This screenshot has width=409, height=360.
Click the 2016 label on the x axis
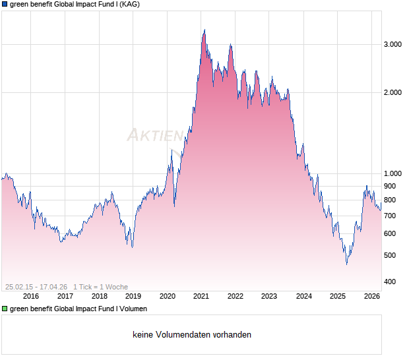click(x=31, y=297)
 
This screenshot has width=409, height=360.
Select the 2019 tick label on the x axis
click(x=133, y=297)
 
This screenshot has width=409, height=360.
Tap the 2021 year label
click(x=201, y=297)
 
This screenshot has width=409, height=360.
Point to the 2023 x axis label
click(x=269, y=297)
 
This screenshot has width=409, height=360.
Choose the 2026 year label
click(x=371, y=297)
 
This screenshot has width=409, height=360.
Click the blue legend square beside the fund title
click(x=5, y=4)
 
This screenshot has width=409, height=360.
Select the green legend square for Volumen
click(x=5, y=309)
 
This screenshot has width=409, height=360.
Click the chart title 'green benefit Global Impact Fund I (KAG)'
click(x=75, y=4)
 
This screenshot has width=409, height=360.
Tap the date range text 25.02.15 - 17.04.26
click(x=36, y=287)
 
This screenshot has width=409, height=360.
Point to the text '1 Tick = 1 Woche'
click(x=100, y=287)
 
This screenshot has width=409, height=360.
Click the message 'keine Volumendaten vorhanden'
click(x=192, y=335)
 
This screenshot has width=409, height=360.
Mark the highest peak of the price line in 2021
click(x=204, y=30)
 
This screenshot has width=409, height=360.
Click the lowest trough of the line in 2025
click(x=346, y=264)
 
